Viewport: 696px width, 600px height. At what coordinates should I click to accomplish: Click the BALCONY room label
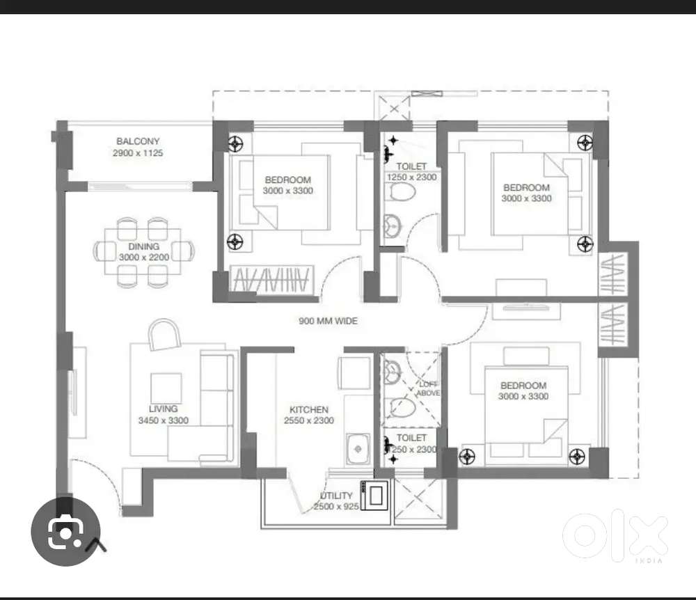point(138,141)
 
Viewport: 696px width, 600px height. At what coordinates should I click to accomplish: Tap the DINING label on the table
point(143,246)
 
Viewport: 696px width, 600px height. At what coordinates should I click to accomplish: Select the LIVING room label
point(163,409)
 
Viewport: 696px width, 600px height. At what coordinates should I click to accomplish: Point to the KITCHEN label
point(308,409)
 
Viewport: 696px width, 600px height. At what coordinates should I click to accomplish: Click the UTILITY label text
point(336,496)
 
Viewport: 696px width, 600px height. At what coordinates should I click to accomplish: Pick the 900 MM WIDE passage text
point(328,321)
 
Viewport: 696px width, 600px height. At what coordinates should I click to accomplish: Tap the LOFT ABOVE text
point(427,388)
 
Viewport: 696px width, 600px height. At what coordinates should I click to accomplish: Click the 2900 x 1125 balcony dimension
point(138,152)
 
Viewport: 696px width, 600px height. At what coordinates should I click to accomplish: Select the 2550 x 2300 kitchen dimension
point(308,420)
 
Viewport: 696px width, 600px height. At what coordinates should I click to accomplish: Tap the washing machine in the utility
point(376,496)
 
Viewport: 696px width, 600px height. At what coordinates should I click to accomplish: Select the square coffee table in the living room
point(166,388)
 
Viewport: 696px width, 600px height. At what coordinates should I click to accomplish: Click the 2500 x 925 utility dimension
point(336,507)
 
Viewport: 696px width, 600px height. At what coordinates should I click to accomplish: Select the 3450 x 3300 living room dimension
point(163,420)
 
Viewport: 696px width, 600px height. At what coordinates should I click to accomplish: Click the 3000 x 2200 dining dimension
point(143,258)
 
